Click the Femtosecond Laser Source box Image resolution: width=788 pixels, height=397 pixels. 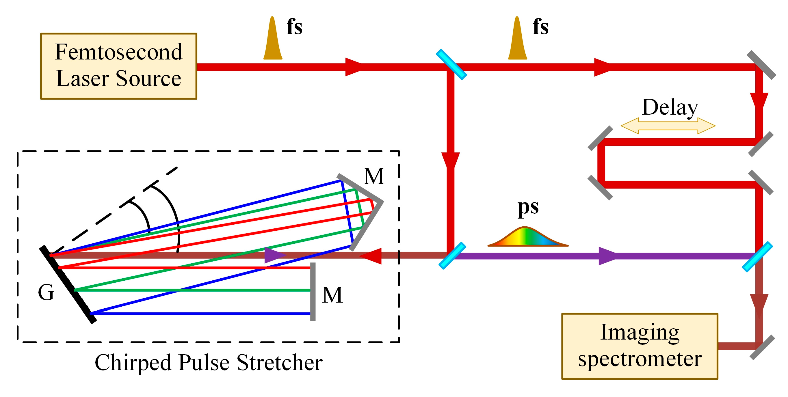coord(119,66)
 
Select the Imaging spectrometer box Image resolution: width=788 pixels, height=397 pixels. coord(639,346)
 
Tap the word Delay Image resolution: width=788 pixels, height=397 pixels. coord(670,107)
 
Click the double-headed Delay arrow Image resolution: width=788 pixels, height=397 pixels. coord(668,126)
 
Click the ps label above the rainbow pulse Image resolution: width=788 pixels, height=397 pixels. coord(528,208)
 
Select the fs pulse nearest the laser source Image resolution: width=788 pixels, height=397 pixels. coord(273,40)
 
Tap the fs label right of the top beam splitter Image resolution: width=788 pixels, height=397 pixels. coord(540,27)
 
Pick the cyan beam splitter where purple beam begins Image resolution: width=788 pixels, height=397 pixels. coord(452,256)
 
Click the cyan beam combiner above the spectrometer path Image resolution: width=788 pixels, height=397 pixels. coord(757,257)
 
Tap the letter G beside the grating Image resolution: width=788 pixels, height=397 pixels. coord(46,292)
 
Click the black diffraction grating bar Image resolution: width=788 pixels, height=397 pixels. coord(68,284)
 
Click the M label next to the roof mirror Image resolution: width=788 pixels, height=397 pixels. coord(373,176)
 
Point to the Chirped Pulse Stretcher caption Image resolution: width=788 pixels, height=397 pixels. coord(209,362)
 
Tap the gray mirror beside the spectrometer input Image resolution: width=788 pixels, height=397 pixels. coord(762,347)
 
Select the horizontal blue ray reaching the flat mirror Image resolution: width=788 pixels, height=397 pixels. coord(200,314)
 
